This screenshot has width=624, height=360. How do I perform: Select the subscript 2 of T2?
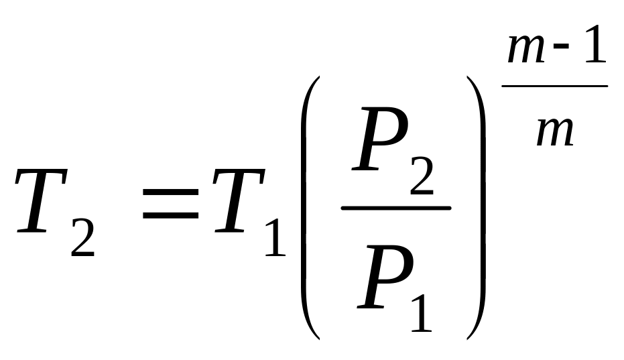point(82,238)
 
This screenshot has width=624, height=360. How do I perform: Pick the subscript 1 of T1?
point(274,238)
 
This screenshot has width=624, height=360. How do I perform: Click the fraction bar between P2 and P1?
point(395,207)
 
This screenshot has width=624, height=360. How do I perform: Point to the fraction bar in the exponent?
point(554,85)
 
